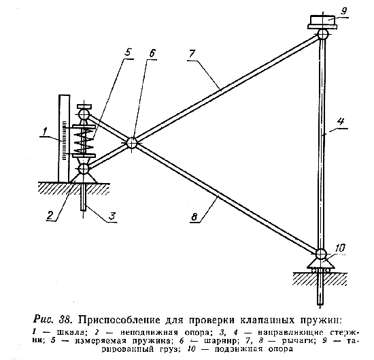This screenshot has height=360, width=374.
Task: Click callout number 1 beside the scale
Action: point(44,131)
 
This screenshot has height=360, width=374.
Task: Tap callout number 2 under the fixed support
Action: point(50,216)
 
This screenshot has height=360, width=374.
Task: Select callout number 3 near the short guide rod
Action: point(112,216)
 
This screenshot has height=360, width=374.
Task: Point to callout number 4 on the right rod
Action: point(341,121)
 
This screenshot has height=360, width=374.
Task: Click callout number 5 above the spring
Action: point(128,52)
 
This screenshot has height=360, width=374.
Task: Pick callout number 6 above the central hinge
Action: point(152,53)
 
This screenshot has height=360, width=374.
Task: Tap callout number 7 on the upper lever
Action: point(192,54)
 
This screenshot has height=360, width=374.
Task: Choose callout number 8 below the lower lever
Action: point(194,217)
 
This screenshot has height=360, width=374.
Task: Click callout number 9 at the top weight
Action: point(343,11)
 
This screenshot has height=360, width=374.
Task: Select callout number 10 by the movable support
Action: point(339,248)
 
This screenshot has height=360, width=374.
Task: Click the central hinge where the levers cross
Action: point(131,143)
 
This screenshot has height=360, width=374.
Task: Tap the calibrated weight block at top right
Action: point(323,22)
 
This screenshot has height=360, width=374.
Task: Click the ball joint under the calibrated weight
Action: point(322,34)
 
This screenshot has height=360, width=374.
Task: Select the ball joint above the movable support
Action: point(321,254)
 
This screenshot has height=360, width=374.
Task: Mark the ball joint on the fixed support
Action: point(83,169)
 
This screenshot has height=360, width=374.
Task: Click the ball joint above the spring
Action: point(83,114)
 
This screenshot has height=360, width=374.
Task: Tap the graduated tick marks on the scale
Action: point(64,140)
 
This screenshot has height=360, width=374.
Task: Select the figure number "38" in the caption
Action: point(65,319)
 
